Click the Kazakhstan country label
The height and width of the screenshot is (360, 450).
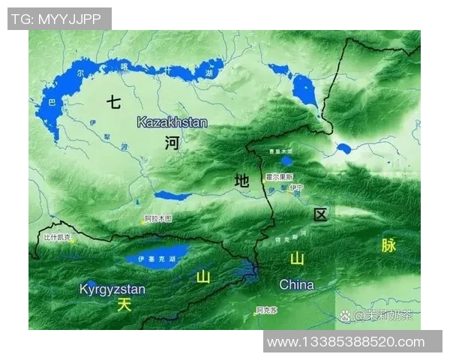[x=172, y=121]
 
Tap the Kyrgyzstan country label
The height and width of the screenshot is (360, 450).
[x=112, y=289]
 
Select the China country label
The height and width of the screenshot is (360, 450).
[x=297, y=285]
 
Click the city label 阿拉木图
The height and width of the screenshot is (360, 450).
[x=158, y=218]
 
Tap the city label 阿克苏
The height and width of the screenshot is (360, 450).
[x=266, y=310]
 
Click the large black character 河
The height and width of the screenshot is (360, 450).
[x=172, y=143]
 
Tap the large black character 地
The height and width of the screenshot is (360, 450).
[x=241, y=180]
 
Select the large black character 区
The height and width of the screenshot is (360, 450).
[x=321, y=215]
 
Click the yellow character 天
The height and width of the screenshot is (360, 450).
[x=124, y=304]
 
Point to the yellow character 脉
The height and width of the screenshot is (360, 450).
[x=388, y=245]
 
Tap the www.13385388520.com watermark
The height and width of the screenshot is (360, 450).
[x=346, y=342]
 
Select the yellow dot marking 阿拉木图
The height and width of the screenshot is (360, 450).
[x=145, y=221]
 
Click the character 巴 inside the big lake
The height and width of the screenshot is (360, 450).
[x=51, y=100]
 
